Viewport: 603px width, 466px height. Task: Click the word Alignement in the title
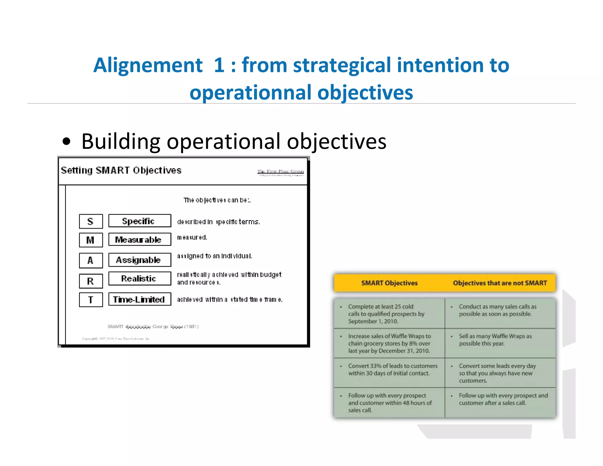(x=148, y=65)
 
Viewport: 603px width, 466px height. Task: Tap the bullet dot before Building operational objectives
(x=67, y=141)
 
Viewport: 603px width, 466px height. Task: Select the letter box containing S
(x=91, y=221)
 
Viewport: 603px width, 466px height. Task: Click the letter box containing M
(x=91, y=240)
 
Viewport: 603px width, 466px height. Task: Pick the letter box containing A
(x=91, y=260)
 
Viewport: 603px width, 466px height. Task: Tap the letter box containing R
(x=91, y=281)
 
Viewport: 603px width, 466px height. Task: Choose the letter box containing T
(x=91, y=300)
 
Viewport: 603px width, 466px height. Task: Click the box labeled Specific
(x=140, y=221)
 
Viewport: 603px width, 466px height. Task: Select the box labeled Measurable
(x=140, y=239)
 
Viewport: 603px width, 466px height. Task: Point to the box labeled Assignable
(x=140, y=260)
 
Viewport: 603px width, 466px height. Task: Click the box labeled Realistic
(x=140, y=278)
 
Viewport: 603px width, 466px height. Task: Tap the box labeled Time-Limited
(x=140, y=299)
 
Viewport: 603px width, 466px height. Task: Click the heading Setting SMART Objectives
(x=121, y=170)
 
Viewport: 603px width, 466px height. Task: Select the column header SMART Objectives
(x=389, y=283)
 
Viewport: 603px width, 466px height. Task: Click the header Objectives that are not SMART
(x=500, y=283)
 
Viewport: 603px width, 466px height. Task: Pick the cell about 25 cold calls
(x=389, y=314)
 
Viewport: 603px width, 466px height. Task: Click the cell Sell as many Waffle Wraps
(x=498, y=340)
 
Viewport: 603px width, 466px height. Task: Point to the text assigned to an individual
(x=214, y=256)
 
